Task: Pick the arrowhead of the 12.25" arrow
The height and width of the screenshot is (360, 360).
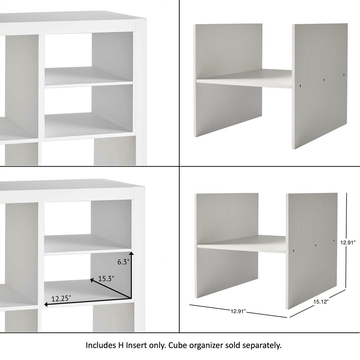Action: point(45,305)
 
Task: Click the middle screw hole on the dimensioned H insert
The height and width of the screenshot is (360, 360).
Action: point(315,245)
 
